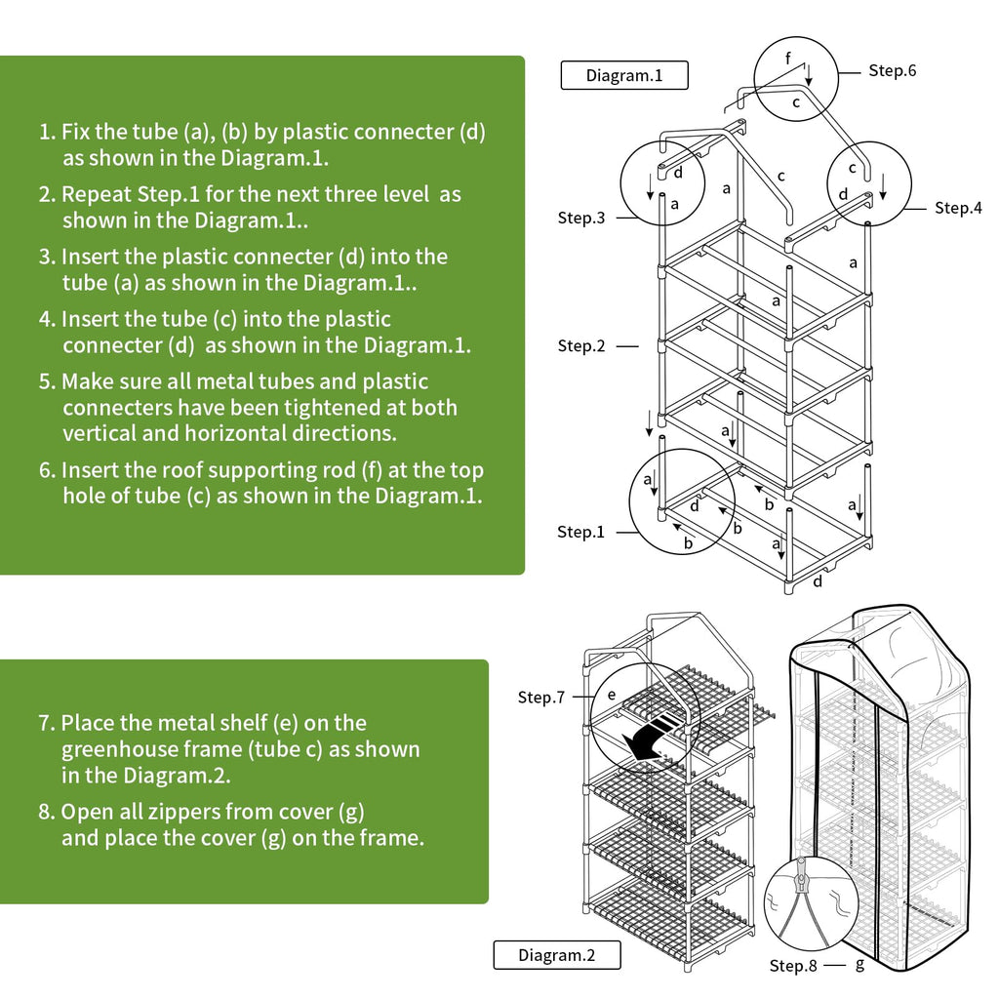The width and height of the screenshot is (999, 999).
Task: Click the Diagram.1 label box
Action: tap(624, 75)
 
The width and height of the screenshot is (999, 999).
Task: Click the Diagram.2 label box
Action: tap(556, 955)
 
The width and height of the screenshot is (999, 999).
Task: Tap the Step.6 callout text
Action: tap(892, 70)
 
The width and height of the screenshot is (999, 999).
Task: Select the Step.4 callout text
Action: tap(958, 208)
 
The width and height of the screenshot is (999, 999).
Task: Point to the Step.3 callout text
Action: tap(581, 218)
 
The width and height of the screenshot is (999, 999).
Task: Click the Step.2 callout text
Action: tap(581, 345)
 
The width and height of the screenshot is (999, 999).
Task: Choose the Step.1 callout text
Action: tap(581, 532)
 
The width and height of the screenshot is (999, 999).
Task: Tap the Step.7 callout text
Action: tap(541, 698)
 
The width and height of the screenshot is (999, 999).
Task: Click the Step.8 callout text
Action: tap(793, 965)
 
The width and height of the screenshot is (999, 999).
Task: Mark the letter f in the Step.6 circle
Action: tap(788, 60)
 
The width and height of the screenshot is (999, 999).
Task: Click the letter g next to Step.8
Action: tap(859, 964)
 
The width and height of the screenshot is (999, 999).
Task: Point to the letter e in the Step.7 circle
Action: tap(612, 695)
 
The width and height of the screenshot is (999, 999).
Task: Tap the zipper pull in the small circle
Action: tap(802, 883)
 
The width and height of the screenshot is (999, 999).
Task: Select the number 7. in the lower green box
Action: tap(46, 724)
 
